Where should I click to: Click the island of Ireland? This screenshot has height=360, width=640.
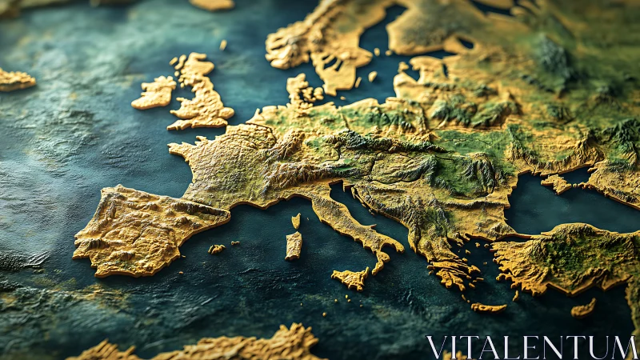(154, 94)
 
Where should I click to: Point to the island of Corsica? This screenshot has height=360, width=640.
(296, 221)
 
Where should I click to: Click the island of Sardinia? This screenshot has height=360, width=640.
(294, 246)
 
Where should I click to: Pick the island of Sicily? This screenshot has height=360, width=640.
(350, 278)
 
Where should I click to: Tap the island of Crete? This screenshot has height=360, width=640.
(488, 307)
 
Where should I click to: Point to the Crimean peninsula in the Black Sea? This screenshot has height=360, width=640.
(558, 183)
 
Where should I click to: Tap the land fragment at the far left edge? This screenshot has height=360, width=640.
(14, 79)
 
